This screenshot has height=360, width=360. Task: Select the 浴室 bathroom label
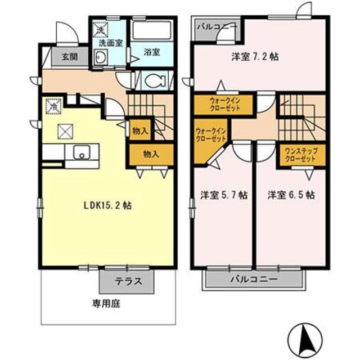click(x=151, y=52)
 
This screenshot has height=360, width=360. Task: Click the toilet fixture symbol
click(x=152, y=80)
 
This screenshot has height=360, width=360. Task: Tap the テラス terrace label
click(x=128, y=281)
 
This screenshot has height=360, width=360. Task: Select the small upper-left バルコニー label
click(x=217, y=27)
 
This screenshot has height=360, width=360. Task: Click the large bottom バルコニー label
click(x=254, y=280)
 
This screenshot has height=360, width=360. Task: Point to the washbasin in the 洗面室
click(x=102, y=57)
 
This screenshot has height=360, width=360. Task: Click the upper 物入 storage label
click(x=140, y=131)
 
